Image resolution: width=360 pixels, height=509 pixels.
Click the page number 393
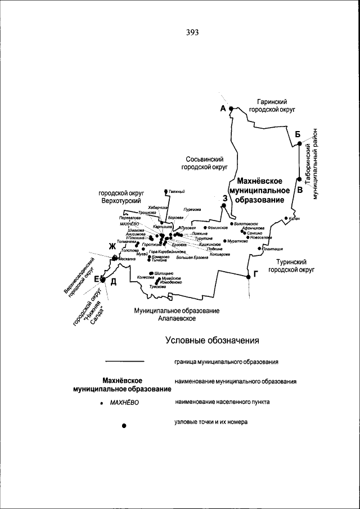[x=192, y=32]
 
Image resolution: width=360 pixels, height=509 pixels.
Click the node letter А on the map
[x=223, y=108]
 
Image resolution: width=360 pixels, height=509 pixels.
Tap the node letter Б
[x=298, y=133]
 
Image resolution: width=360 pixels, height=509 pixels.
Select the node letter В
[x=300, y=190]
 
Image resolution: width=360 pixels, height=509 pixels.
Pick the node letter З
[x=224, y=197]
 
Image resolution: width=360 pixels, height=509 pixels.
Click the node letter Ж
[x=112, y=247]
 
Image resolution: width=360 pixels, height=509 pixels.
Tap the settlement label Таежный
[x=176, y=192]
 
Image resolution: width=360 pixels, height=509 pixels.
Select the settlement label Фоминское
[x=218, y=228]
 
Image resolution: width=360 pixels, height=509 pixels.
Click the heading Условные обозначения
[x=212, y=340]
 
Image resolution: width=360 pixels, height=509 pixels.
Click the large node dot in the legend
[x=124, y=426]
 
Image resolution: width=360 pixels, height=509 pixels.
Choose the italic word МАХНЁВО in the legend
[x=124, y=403]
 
